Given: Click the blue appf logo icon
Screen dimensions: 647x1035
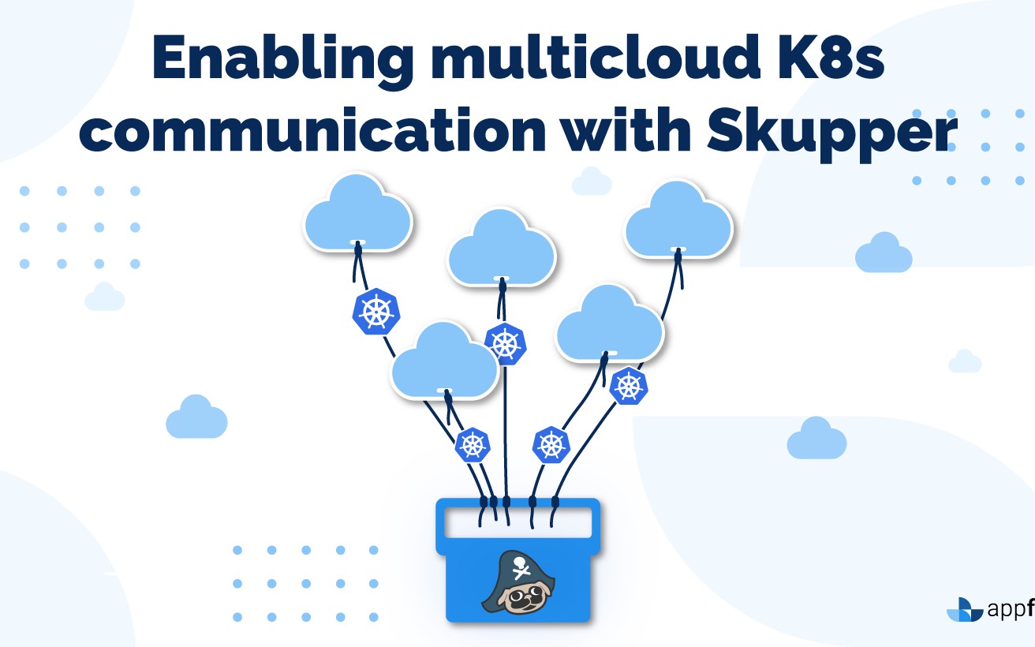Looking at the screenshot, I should [964, 610].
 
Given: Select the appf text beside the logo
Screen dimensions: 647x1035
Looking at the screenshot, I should [1010, 610].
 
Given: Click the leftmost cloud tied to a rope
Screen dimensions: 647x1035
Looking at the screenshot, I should [358, 213].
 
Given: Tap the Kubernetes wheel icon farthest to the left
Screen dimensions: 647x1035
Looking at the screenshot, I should [376, 312].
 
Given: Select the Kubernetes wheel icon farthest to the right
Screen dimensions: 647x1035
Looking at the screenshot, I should [629, 385].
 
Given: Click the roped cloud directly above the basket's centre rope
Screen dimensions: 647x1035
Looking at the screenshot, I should [501, 246].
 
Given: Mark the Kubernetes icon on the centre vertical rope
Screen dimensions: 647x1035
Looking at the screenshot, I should [505, 343].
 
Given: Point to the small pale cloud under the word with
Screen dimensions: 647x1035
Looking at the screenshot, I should [592, 181].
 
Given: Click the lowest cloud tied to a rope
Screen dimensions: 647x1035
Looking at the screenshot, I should [445, 361].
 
